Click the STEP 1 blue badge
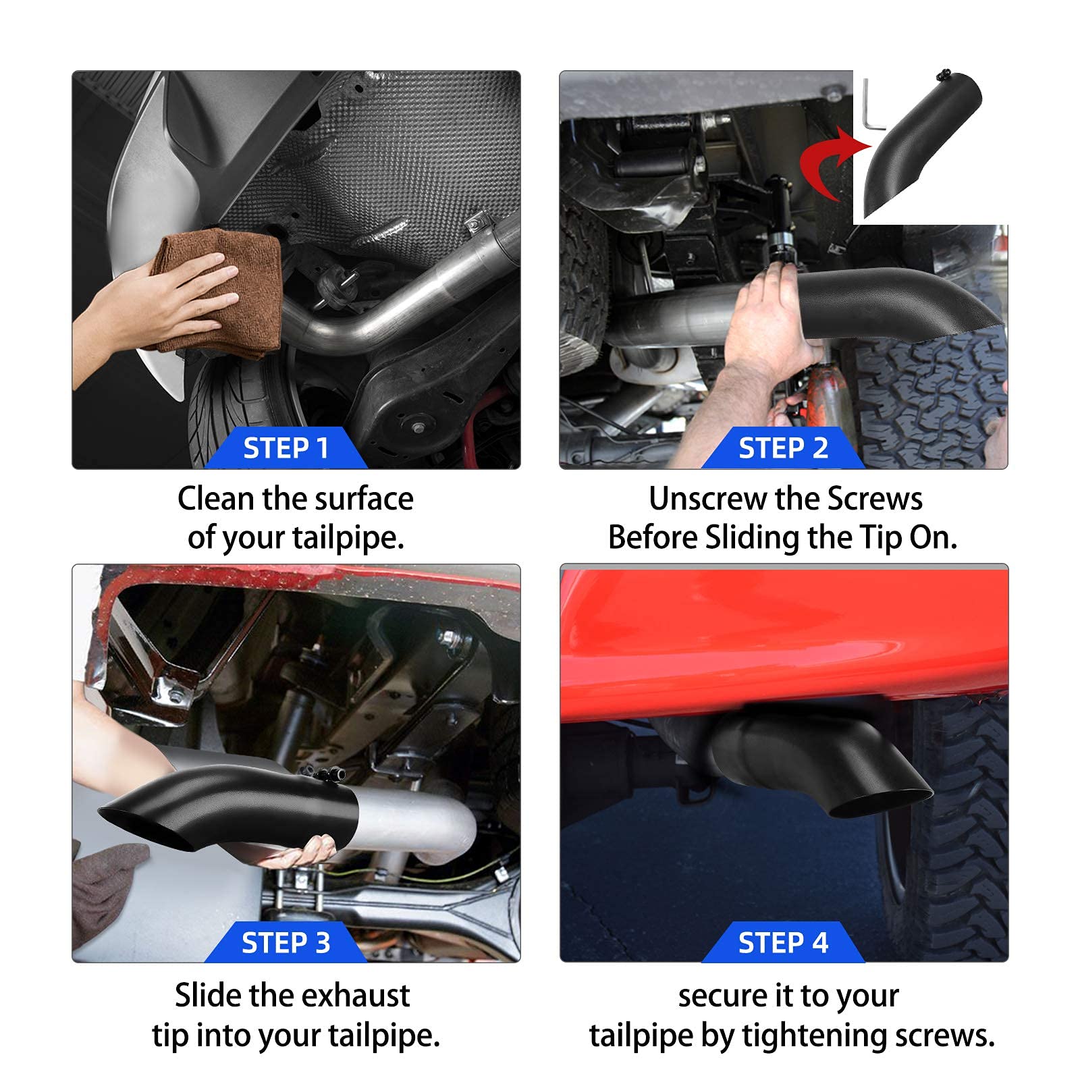[x=286, y=448]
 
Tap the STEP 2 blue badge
[x=783, y=448]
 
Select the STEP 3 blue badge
[x=286, y=943]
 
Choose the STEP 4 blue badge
[x=783, y=943]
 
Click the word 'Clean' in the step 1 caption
[x=216, y=500]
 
